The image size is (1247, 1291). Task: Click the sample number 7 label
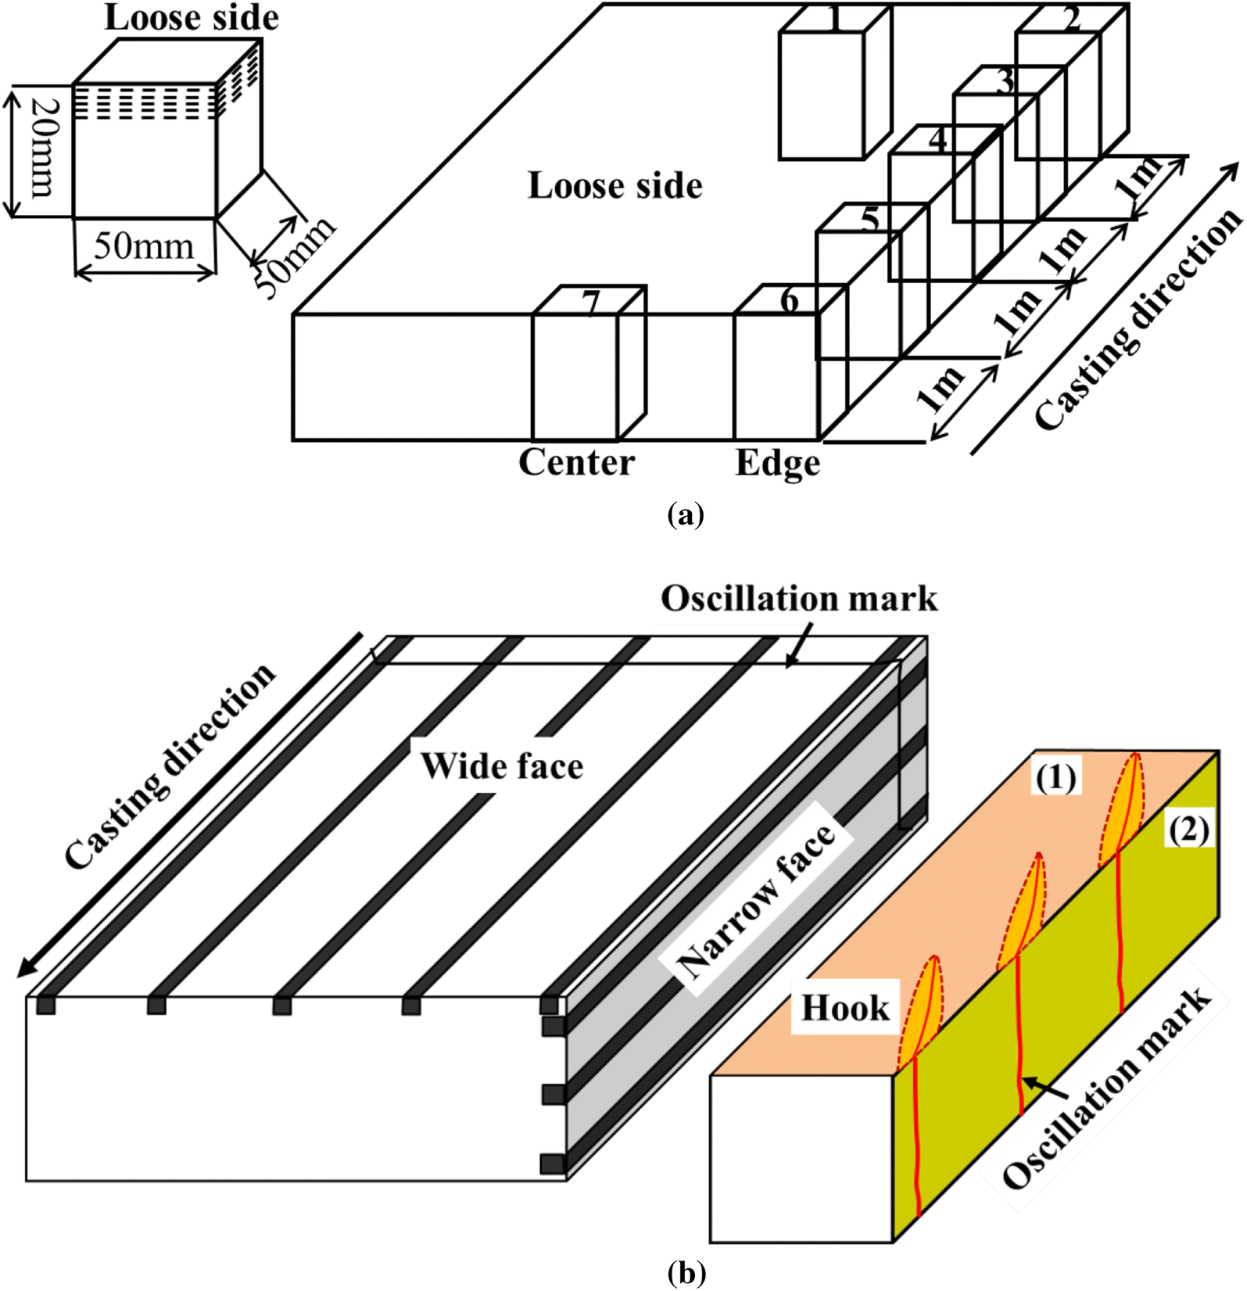591,303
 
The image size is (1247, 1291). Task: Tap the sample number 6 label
790,300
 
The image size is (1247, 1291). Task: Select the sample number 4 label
937,140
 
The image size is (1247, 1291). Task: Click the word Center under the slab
576,463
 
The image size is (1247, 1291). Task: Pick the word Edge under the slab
777,464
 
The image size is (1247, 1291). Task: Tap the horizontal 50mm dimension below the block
144,246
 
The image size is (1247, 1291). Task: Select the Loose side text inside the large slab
615,186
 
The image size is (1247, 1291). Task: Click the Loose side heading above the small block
192,18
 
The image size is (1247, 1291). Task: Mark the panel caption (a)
686,515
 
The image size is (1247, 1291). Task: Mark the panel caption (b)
686,1274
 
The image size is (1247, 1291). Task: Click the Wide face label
501,766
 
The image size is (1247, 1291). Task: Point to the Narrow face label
758,891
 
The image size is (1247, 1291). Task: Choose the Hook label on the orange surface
845,1008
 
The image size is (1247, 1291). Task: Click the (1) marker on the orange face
1055,778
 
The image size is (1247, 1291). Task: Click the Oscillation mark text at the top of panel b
798,599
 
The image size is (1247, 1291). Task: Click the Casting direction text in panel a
1138,318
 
